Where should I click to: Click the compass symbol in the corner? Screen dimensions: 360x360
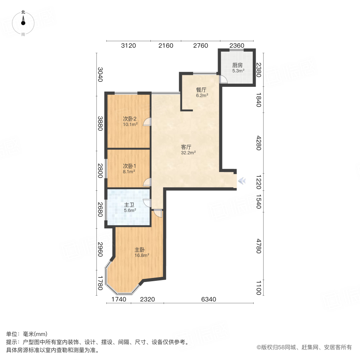(x=23, y=23)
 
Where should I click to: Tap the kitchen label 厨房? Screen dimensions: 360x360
(x=238, y=65)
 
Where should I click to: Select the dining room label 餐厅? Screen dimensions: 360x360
(x=201, y=90)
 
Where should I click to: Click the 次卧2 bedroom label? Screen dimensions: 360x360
(x=130, y=119)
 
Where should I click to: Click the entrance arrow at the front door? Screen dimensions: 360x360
(x=242, y=182)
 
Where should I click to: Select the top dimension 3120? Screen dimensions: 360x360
(x=128, y=46)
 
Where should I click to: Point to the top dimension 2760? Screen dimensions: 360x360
(x=200, y=46)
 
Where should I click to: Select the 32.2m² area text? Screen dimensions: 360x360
(x=188, y=152)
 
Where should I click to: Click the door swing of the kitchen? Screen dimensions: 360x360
(x=223, y=79)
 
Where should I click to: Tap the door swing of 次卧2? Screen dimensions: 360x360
(x=148, y=122)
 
